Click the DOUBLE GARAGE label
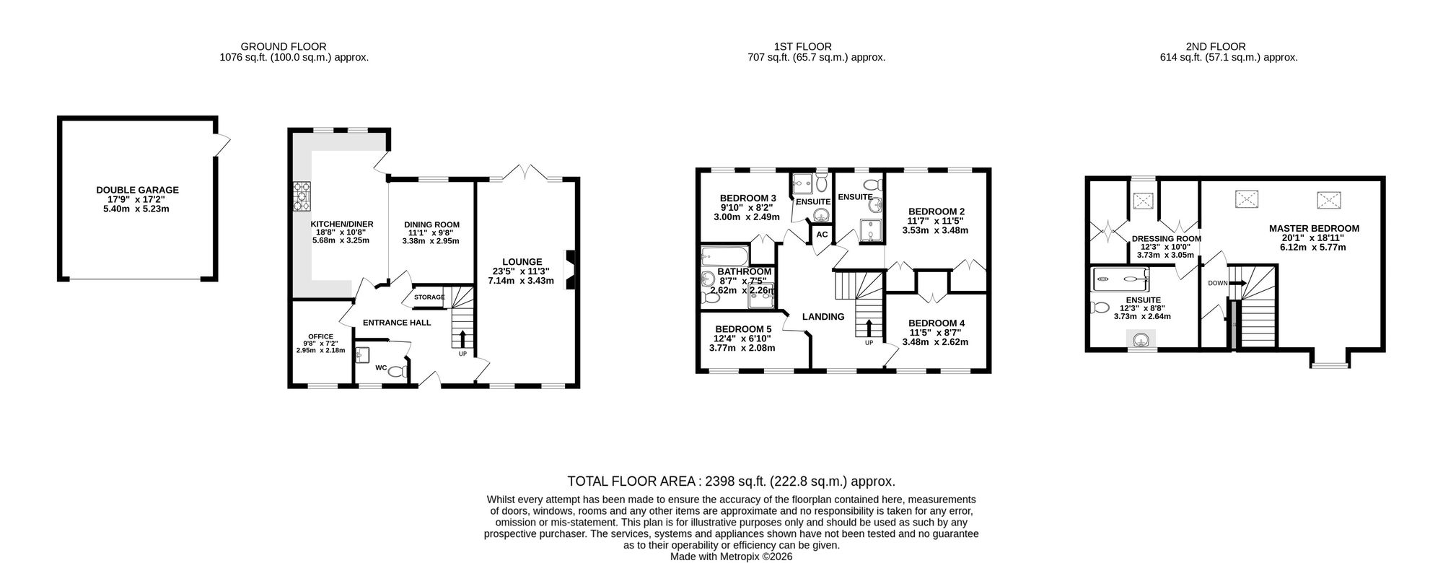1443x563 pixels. click(x=137, y=191)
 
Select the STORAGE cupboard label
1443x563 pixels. click(x=429, y=297)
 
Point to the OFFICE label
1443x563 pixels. click(x=320, y=336)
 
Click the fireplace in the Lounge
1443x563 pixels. click(x=570, y=269)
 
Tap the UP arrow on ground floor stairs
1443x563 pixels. click(x=462, y=338)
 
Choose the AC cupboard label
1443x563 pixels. click(x=821, y=235)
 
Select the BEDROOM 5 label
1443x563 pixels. click(x=743, y=329)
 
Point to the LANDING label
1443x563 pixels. click(x=823, y=317)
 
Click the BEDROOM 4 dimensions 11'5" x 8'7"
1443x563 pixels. click(x=935, y=333)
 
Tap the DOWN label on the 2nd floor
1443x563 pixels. click(x=1217, y=283)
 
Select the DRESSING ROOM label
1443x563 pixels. click(x=1167, y=239)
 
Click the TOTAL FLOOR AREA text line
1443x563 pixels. click(x=732, y=481)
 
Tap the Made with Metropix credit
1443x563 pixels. click(x=731, y=557)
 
